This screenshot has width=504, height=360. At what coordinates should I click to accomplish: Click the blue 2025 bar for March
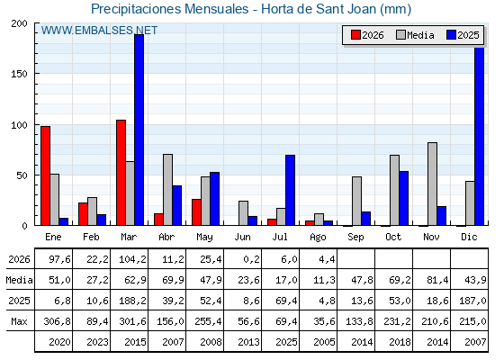point(139,130)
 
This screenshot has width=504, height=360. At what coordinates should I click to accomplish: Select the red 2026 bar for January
point(45,175)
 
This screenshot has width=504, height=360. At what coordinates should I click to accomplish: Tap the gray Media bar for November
point(432,184)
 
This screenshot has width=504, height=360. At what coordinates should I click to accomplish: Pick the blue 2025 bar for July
point(290,190)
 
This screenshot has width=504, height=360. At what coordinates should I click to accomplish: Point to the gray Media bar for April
point(167,190)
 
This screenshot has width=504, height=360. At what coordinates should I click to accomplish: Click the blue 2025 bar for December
point(479,136)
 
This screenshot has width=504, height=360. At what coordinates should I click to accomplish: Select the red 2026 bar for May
point(196,212)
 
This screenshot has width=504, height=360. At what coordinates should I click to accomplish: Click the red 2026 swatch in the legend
point(355,35)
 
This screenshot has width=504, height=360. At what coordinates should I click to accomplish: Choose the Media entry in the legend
point(415,35)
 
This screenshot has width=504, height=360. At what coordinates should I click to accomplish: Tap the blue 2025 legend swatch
point(451,35)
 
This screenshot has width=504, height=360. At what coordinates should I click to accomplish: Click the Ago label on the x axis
point(318,238)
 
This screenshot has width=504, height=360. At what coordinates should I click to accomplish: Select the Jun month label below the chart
point(242,238)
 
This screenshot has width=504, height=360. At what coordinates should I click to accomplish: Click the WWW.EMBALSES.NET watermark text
point(99,31)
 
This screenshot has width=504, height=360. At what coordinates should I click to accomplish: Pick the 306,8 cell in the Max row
point(58,321)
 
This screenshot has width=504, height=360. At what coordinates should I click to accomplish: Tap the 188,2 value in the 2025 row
point(133,301)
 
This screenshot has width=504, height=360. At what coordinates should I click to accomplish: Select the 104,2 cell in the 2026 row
point(133,259)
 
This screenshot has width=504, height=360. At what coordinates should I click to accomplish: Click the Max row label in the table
point(19,321)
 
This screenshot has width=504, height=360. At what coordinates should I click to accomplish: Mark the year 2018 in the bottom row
point(400,342)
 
